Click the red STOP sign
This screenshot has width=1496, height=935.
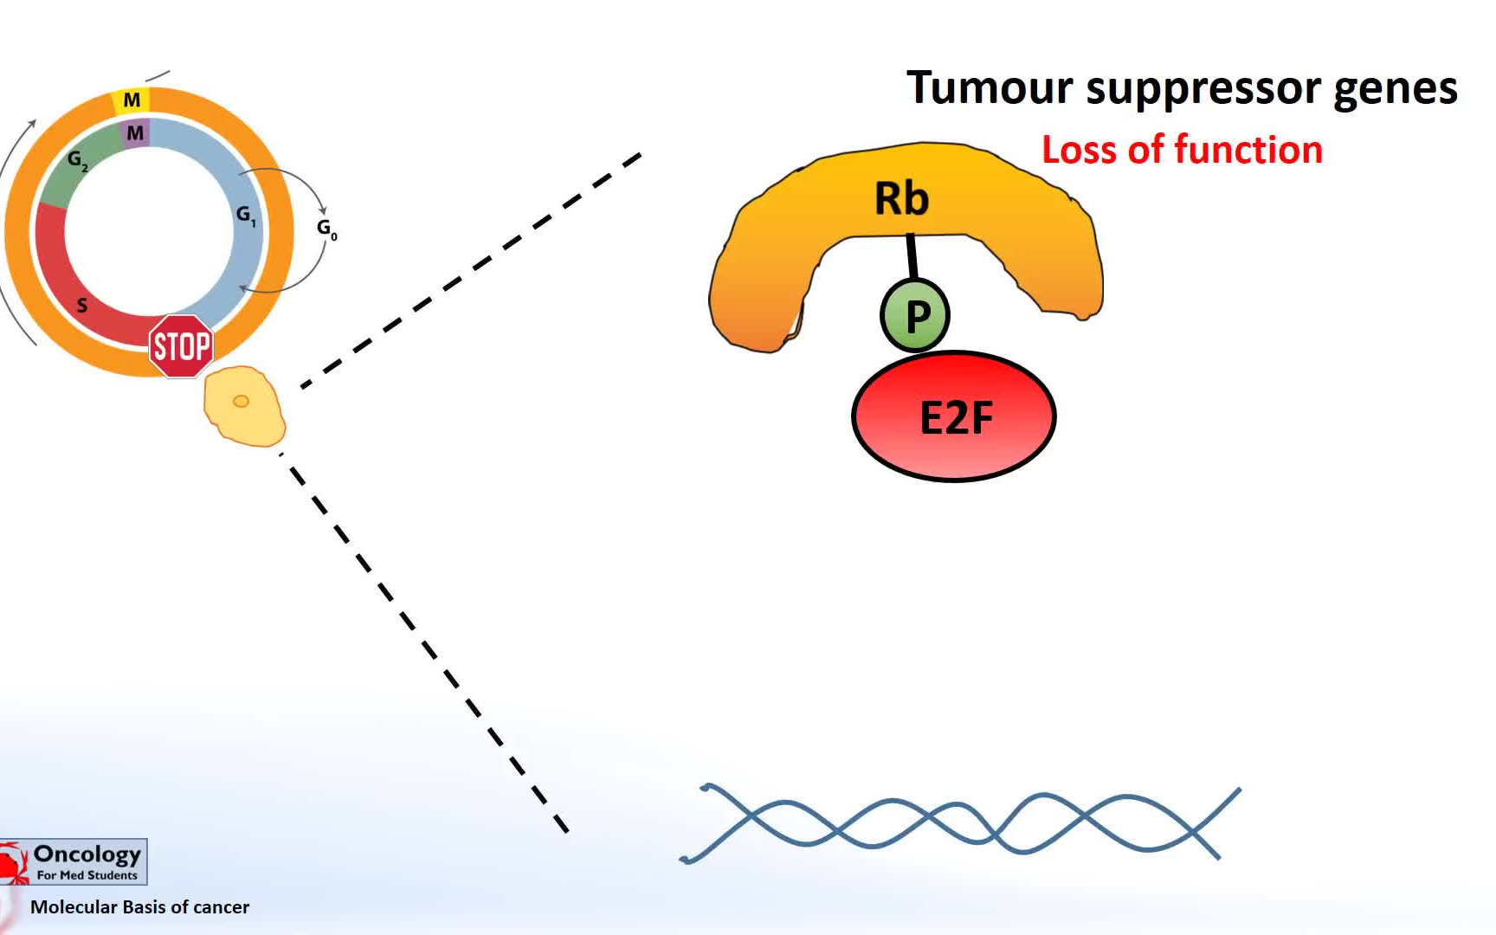[181, 346]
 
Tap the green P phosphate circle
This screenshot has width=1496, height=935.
[915, 315]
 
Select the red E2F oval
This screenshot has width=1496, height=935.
[954, 416]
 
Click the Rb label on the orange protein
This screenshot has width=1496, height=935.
[901, 198]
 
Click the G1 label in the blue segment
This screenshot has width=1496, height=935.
[246, 215]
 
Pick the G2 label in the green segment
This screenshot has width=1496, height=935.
[77, 160]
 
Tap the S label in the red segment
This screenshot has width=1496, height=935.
[82, 305]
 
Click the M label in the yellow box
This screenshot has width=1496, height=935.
[132, 100]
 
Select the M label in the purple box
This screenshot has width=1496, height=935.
[135, 133]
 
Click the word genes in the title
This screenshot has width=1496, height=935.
[1395, 90]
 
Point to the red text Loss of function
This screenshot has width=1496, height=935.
[1182, 150]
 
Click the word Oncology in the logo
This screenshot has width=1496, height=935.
[87, 854]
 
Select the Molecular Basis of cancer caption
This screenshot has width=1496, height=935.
[139, 906]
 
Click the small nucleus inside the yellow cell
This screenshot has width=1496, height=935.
[242, 401]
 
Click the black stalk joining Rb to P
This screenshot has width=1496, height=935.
[912, 256]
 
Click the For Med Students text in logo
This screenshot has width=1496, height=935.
[87, 875]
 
